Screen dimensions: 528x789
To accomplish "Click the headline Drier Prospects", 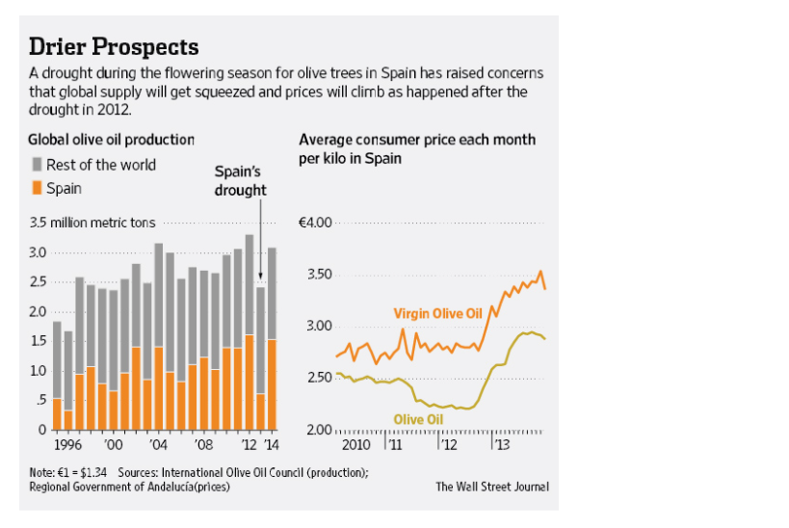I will tap(114, 46).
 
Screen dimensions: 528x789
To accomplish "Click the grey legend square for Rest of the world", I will tap(37, 165).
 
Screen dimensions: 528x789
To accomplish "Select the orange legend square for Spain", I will tap(37, 188).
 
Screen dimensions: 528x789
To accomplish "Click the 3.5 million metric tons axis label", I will tap(92, 223).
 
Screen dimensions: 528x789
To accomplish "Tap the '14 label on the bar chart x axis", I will tap(273, 447).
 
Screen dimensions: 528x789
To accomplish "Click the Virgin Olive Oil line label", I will tap(438, 313).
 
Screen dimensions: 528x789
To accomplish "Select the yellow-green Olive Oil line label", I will tap(420, 419).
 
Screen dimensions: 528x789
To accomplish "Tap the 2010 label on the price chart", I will tap(355, 447).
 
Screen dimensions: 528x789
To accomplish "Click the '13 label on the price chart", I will tap(501, 447).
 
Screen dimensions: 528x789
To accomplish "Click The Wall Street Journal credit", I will tap(491, 487).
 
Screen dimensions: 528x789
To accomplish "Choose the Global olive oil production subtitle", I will tap(111, 140).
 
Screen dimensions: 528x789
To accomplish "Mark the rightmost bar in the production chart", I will tap(272, 338).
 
